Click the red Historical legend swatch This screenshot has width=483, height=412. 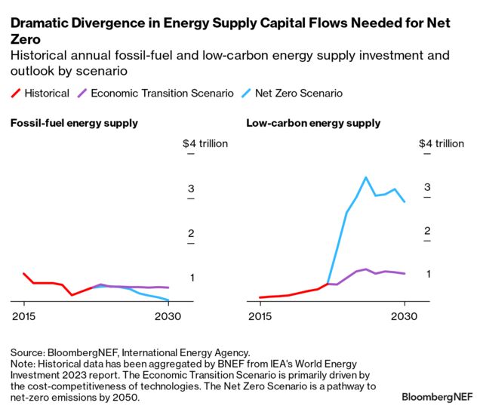[x=17, y=94]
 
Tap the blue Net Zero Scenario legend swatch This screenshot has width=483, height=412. [x=246, y=94]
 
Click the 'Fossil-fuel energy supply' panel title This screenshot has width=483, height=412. [x=74, y=123]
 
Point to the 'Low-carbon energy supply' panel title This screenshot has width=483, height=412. [x=313, y=123]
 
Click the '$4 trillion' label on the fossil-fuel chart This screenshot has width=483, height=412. [x=205, y=143]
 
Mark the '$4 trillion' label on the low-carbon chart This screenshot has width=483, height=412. [x=441, y=143]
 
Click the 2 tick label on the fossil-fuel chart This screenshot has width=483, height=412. [x=191, y=233]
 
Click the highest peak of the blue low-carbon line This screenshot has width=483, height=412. [x=366, y=178]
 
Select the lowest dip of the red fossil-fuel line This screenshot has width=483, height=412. [x=72, y=294]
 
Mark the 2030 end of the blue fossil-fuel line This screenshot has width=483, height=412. [x=168, y=300]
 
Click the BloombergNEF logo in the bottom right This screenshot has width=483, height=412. [x=437, y=396]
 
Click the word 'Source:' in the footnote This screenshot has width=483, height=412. [x=28, y=352]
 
